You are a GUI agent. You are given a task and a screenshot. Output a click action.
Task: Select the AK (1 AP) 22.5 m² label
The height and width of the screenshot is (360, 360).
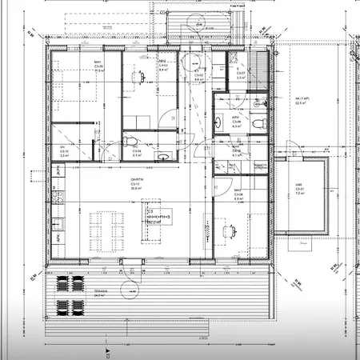[x=301, y=99]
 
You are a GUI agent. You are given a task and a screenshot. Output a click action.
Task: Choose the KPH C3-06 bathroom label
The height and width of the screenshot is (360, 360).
[x=237, y=120]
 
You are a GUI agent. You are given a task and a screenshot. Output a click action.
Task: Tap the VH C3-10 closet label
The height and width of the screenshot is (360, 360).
[x=63, y=151]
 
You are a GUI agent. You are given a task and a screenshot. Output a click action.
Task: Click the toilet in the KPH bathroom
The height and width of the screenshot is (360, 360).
[x=256, y=124]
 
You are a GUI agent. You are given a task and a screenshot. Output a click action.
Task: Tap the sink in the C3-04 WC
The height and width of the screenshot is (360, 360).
[x=161, y=154]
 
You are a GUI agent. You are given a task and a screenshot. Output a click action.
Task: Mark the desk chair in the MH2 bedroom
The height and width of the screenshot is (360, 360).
[x=142, y=76]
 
